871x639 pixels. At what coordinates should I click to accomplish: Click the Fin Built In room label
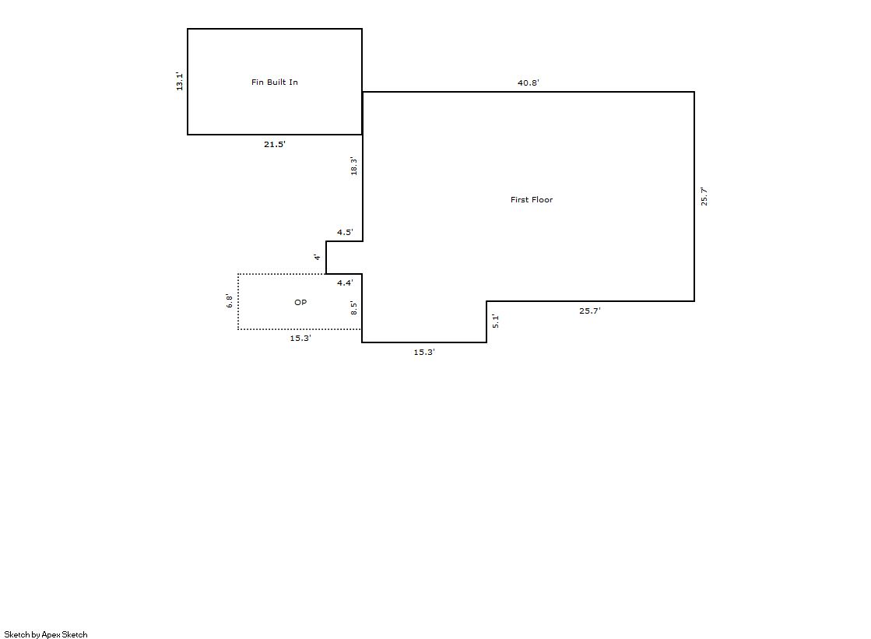tap(275, 83)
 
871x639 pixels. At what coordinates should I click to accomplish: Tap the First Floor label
tap(532, 199)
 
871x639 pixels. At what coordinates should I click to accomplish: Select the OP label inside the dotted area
tap(300, 302)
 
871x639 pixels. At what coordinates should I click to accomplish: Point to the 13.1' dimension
tap(180, 81)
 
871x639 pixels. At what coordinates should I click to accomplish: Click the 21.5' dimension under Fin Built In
tap(275, 145)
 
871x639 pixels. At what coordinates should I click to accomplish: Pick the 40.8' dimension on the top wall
tap(529, 83)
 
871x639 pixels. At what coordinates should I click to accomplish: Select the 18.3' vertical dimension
tap(354, 167)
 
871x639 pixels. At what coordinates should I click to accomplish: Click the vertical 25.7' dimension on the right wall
tap(704, 197)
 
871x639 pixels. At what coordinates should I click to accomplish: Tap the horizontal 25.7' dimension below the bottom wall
tap(590, 311)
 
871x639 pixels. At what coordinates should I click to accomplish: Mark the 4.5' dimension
tap(345, 232)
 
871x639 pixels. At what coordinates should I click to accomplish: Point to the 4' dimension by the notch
tap(317, 257)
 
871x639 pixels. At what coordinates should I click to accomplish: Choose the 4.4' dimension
tap(345, 283)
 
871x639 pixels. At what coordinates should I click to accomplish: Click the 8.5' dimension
tap(354, 308)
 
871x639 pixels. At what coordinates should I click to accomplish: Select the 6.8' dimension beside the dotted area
tap(230, 301)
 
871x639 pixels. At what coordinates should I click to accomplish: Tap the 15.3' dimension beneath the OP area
tap(300, 338)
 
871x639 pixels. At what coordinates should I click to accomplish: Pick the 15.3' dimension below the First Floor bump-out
tap(424, 353)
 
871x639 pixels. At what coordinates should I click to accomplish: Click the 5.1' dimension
tap(496, 321)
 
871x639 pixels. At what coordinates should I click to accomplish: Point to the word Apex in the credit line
tap(51, 634)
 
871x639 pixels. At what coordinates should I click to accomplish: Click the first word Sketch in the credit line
tap(16, 634)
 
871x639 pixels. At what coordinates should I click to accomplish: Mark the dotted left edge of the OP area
tap(238, 302)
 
